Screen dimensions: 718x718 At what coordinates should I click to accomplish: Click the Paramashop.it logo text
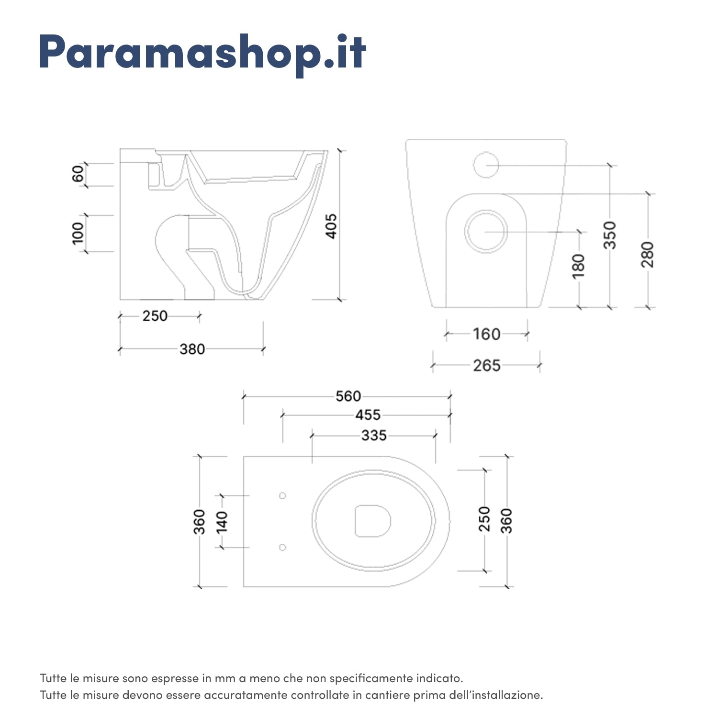click(202, 53)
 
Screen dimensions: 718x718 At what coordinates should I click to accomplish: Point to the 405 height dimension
click(331, 226)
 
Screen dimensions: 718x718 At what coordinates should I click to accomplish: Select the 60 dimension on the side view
click(78, 174)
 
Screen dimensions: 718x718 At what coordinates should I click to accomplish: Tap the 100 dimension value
click(78, 233)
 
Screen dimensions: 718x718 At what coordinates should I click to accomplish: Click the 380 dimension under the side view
click(192, 349)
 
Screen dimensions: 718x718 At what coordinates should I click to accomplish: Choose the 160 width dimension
click(486, 334)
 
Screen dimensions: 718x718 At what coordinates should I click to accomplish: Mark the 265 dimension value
click(486, 366)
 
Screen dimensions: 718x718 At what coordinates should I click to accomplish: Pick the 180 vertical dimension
click(579, 266)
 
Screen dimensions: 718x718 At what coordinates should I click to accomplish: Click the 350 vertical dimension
click(610, 235)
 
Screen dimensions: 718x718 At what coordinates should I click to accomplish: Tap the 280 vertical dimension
click(648, 254)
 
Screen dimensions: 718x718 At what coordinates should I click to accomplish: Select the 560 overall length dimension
click(348, 396)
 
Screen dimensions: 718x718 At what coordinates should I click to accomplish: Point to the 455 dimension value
click(368, 415)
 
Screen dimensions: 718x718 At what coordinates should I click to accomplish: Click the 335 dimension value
click(374, 436)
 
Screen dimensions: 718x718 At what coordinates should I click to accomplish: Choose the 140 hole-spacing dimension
click(222, 522)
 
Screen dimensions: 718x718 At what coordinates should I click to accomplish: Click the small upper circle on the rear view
click(486, 165)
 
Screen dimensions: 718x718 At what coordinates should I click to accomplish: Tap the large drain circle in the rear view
click(486, 232)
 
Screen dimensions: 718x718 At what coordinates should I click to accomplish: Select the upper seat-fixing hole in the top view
click(282, 496)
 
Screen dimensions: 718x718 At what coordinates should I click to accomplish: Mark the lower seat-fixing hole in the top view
click(282, 547)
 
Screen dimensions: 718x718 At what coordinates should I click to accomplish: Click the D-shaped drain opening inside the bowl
click(372, 521)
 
